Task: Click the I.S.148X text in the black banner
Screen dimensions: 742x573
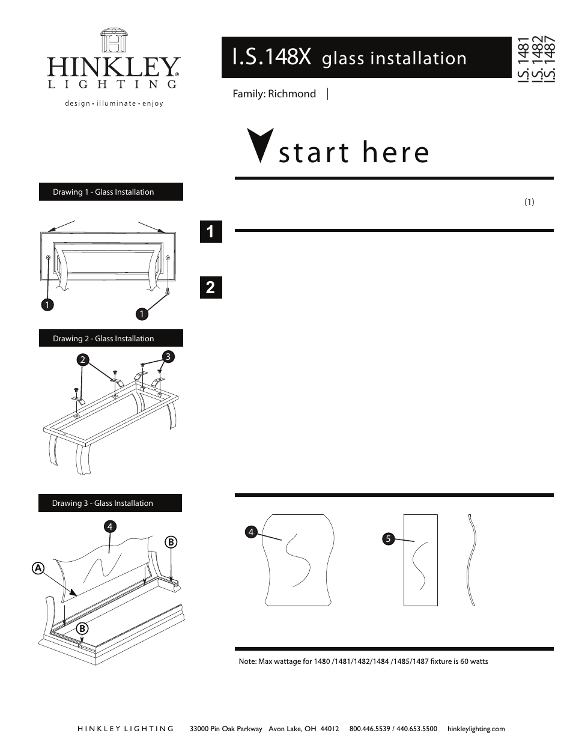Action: [271, 58]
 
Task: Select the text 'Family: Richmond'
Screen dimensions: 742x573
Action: [274, 94]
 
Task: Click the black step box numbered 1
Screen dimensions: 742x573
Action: [210, 232]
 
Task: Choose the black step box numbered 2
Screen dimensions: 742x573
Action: [210, 288]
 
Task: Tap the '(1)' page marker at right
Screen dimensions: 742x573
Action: [529, 202]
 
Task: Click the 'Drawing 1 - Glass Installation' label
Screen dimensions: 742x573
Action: [103, 192]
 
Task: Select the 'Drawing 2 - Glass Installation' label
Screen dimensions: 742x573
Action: [103, 339]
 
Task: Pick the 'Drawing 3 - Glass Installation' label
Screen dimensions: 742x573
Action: [103, 503]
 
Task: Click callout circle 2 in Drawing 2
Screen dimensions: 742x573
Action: [83, 360]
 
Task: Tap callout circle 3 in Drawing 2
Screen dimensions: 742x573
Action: [168, 357]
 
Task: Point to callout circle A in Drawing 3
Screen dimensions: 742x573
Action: [38, 568]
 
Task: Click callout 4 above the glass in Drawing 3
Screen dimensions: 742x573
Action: [110, 527]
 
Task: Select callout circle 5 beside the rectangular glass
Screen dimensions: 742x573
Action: [388, 539]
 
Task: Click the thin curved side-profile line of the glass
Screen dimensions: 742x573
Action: [473, 559]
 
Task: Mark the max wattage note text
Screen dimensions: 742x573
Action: [363, 661]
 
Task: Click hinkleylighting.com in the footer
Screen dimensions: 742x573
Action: [476, 729]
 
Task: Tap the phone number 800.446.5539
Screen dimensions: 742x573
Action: [369, 729]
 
